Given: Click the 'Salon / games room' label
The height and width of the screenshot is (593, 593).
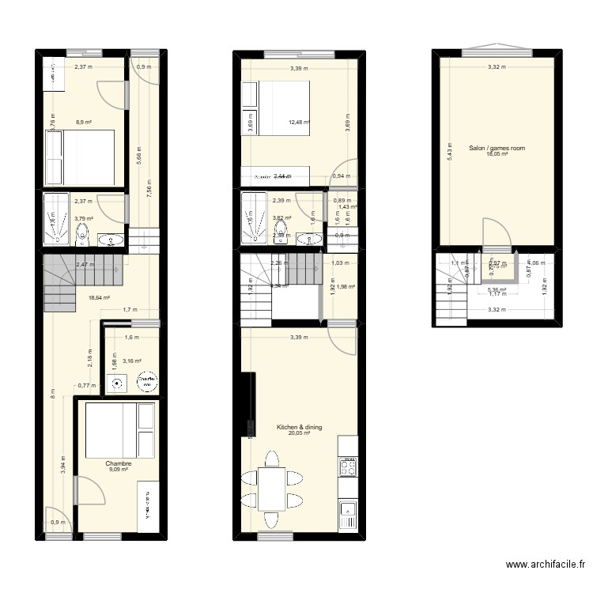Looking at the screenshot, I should (x=497, y=148).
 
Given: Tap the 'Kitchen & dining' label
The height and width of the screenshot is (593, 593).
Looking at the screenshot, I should (x=299, y=427).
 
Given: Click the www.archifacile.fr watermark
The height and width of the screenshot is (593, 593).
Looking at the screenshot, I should (x=544, y=565).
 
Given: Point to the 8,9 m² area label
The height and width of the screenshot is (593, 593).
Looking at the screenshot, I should (x=84, y=123).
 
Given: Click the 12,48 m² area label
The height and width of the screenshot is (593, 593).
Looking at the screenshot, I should (x=299, y=123).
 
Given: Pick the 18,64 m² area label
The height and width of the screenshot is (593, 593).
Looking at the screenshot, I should (x=100, y=298).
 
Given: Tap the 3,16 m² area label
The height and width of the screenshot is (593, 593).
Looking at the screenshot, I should (x=132, y=361).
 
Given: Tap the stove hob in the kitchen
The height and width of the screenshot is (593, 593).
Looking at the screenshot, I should (x=348, y=466).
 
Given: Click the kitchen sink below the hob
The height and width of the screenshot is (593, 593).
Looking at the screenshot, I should (x=348, y=516).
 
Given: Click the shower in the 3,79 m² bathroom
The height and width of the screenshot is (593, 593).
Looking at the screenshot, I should (x=57, y=218).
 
